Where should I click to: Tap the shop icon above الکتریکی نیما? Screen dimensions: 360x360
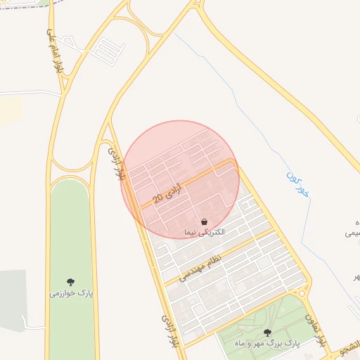[204, 222]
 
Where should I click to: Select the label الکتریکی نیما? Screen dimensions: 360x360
[204, 232]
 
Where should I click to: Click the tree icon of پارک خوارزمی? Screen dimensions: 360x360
[70, 282]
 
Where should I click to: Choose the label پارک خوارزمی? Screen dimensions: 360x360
[71, 292]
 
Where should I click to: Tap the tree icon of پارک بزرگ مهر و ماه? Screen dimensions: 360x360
[266, 333]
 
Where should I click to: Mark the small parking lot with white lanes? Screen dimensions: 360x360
[107, 49]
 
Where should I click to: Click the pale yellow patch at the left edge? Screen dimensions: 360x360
[10, 112]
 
